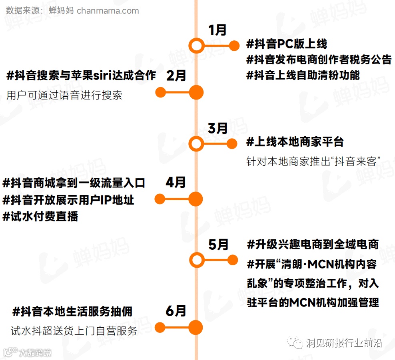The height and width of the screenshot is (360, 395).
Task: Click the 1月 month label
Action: click(x=217, y=30)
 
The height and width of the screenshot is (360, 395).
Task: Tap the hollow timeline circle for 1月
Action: click(x=196, y=46)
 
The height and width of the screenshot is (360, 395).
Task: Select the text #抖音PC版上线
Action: click(x=287, y=44)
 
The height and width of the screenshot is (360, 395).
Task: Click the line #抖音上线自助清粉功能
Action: click(x=303, y=75)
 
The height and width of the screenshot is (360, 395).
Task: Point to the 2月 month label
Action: click(x=176, y=76)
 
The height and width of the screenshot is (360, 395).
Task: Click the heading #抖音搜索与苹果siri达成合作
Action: click(x=81, y=76)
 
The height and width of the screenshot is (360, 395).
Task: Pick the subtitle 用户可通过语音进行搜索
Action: click(x=64, y=95)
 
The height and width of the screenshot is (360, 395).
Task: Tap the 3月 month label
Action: click(x=218, y=128)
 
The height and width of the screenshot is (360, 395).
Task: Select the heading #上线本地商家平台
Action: click(x=295, y=141)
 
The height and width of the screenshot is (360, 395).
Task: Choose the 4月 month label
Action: click(x=176, y=183)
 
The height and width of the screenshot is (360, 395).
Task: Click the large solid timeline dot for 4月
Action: click(x=196, y=199)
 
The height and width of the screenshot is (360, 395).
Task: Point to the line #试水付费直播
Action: click(x=40, y=216)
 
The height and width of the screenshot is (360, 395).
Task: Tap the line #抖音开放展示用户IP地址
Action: click(x=68, y=199)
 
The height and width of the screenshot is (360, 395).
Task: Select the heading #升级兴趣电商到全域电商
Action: click(x=312, y=244)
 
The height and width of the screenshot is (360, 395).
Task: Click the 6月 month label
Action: click(x=176, y=311)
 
